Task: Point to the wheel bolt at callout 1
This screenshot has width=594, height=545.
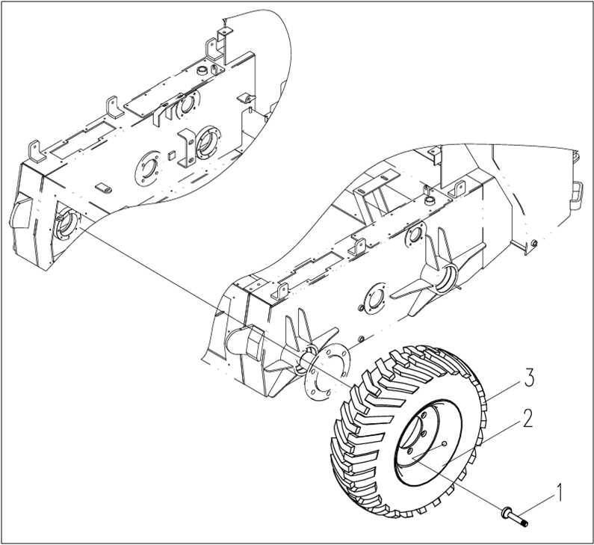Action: (x=516, y=514)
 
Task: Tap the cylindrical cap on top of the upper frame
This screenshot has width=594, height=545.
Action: (x=199, y=70)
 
